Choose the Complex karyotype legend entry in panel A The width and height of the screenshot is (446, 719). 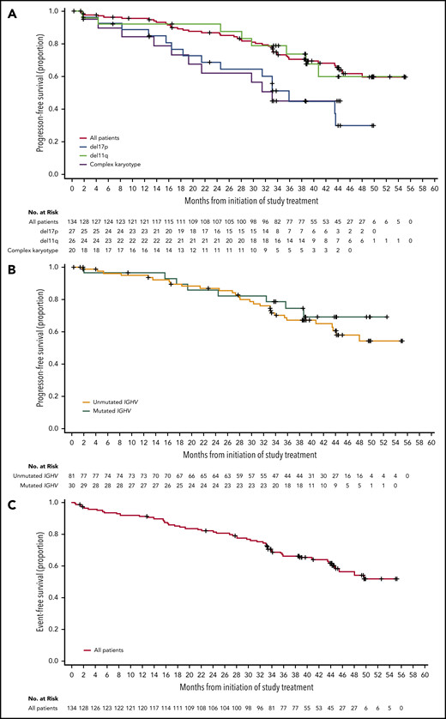(113, 162)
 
